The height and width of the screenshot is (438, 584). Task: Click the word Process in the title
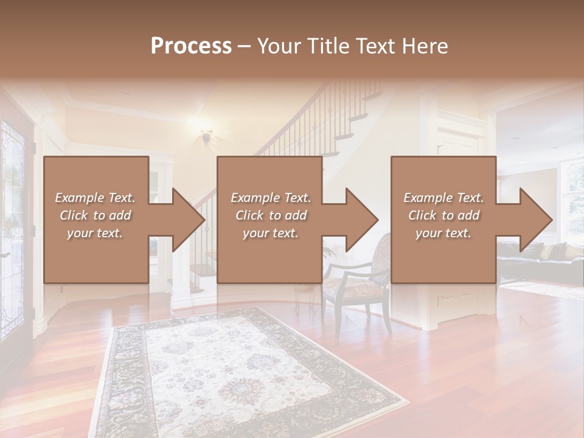pos(191,46)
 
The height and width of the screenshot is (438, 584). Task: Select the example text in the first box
pos(95,215)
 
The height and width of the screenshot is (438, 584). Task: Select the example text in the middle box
pos(271,215)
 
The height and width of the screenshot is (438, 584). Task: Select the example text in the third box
pos(443,215)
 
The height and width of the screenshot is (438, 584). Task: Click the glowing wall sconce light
pos(206,135)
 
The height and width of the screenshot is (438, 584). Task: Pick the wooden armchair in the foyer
pos(359,286)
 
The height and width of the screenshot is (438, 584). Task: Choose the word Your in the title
pos(277,46)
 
